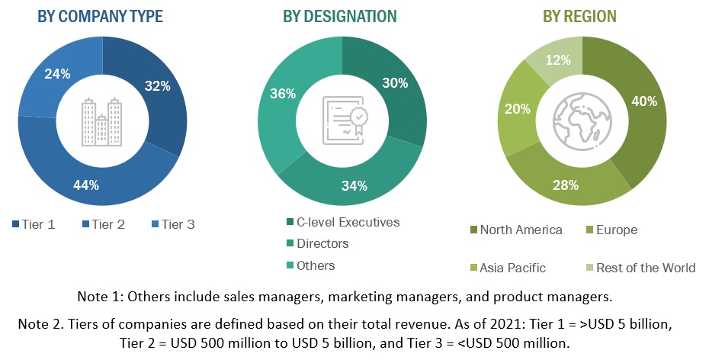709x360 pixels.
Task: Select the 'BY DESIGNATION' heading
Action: [x=339, y=16]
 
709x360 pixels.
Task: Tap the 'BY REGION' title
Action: [x=579, y=16]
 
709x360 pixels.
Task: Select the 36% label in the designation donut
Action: [x=283, y=94]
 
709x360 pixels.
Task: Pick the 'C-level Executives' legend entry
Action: [x=342, y=223]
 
